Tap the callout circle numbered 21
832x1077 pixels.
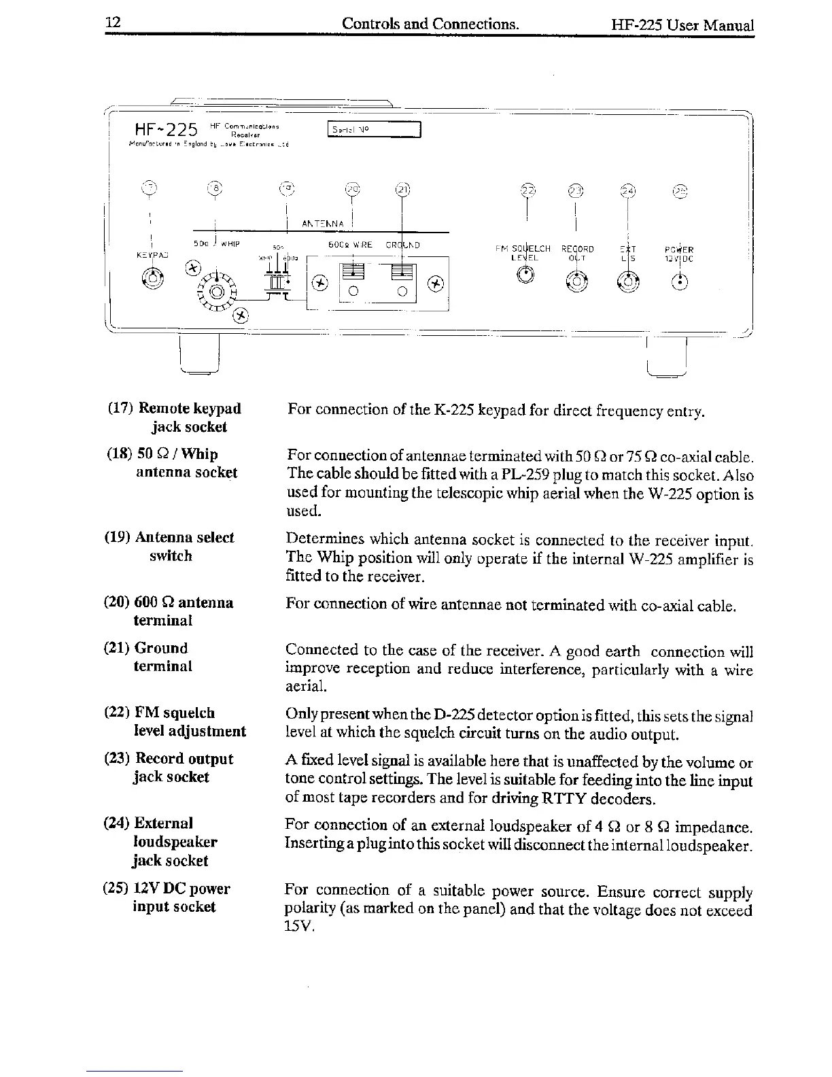point(402,191)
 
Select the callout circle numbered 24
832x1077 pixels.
point(628,191)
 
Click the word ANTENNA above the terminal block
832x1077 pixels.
point(323,224)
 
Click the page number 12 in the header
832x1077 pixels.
point(112,23)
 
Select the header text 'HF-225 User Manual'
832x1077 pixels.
point(682,25)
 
